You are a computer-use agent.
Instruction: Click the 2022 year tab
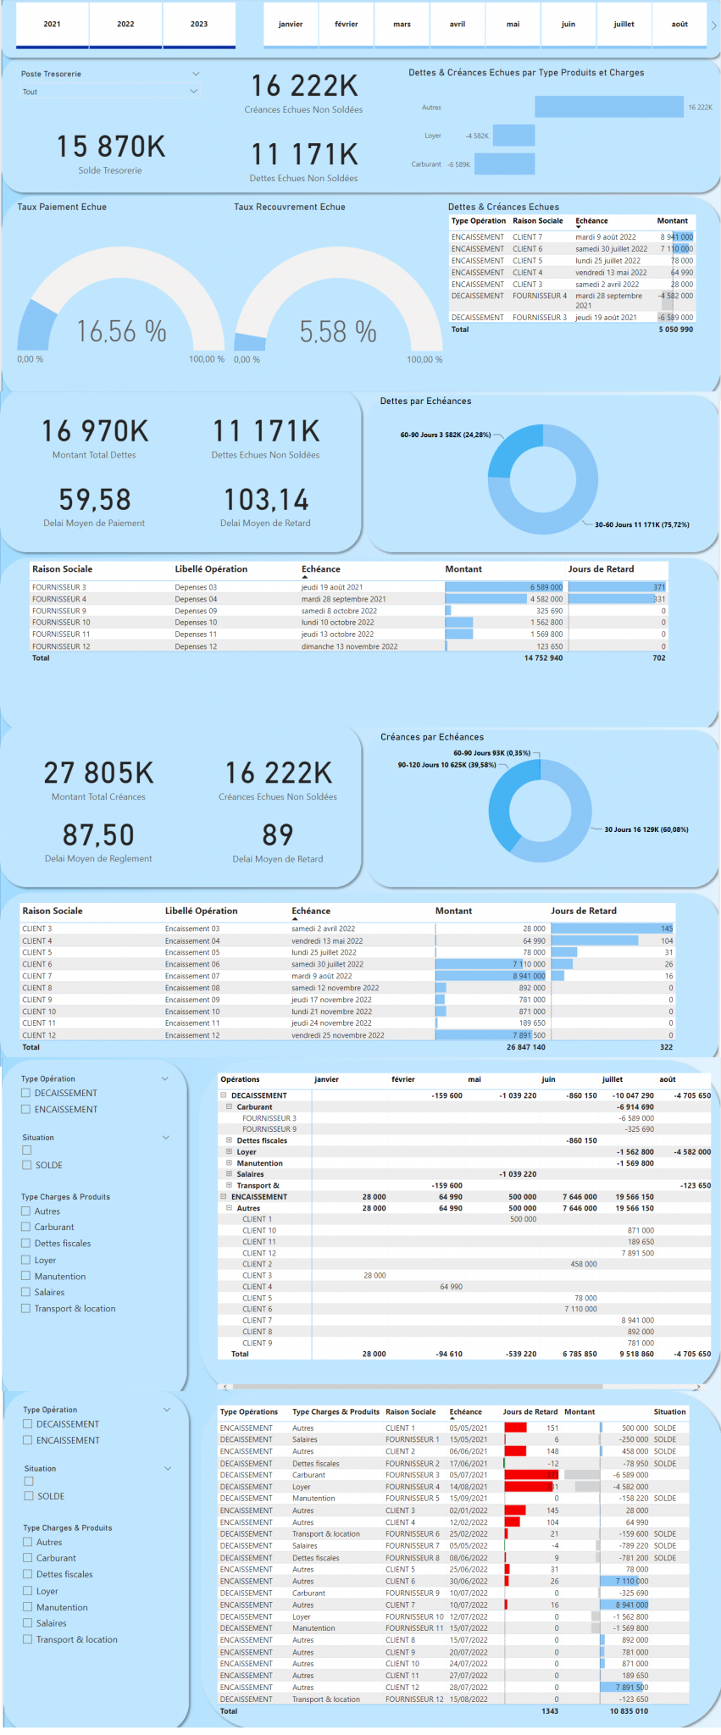(125, 25)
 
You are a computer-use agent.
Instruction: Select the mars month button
(402, 25)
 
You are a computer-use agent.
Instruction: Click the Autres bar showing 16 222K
(608, 107)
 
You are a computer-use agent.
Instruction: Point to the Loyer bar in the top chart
(513, 136)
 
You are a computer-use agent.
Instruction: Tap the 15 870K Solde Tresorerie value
(111, 147)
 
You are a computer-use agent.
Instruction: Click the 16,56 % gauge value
(121, 331)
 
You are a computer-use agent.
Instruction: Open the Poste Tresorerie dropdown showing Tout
(110, 91)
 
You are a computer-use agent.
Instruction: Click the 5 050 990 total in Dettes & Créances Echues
(675, 330)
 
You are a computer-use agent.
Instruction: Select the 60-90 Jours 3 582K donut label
(445, 435)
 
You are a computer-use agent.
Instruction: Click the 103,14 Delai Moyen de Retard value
(266, 500)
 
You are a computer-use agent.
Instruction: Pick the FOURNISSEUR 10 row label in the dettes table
(61, 623)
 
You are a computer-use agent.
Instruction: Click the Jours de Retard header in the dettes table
(601, 569)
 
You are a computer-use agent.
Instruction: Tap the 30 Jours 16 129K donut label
(646, 829)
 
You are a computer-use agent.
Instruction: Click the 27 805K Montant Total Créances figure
(98, 773)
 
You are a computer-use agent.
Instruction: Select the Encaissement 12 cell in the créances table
(192, 1035)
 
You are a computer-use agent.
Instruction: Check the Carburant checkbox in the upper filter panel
(26, 1227)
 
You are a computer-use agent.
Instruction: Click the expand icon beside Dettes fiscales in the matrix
(229, 1140)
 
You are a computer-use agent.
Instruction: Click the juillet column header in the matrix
(612, 1079)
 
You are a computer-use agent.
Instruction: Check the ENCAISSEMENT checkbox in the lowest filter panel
(28, 1440)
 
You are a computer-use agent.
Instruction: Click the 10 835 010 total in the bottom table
(629, 1711)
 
